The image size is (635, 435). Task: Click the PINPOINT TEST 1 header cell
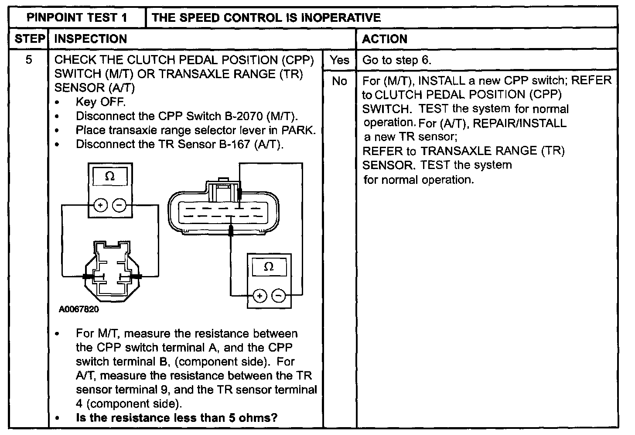pos(77,17)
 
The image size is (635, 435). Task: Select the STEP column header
pos(30,39)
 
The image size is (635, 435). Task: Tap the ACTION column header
pos(385,39)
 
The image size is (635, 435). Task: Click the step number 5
pos(29,60)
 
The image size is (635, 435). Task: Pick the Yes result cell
pos(339,60)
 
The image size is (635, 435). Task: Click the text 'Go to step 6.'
pos(396,60)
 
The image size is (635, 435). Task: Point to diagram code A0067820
pos(79,309)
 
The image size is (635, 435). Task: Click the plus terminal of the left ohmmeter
pos(100,205)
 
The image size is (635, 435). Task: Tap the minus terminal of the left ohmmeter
pos(119,205)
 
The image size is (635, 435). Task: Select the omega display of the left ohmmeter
pos(110,176)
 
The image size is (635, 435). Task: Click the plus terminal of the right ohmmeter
pos(259,296)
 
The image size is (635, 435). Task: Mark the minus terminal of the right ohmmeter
pos(279,296)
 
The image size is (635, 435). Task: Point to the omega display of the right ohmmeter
pos(269,266)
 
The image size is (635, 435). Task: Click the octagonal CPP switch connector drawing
pos(112,271)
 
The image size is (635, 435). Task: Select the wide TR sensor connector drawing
pos(224,210)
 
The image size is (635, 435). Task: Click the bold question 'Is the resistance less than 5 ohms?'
pos(176,418)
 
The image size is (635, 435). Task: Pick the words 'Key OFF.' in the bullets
pos(101,102)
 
